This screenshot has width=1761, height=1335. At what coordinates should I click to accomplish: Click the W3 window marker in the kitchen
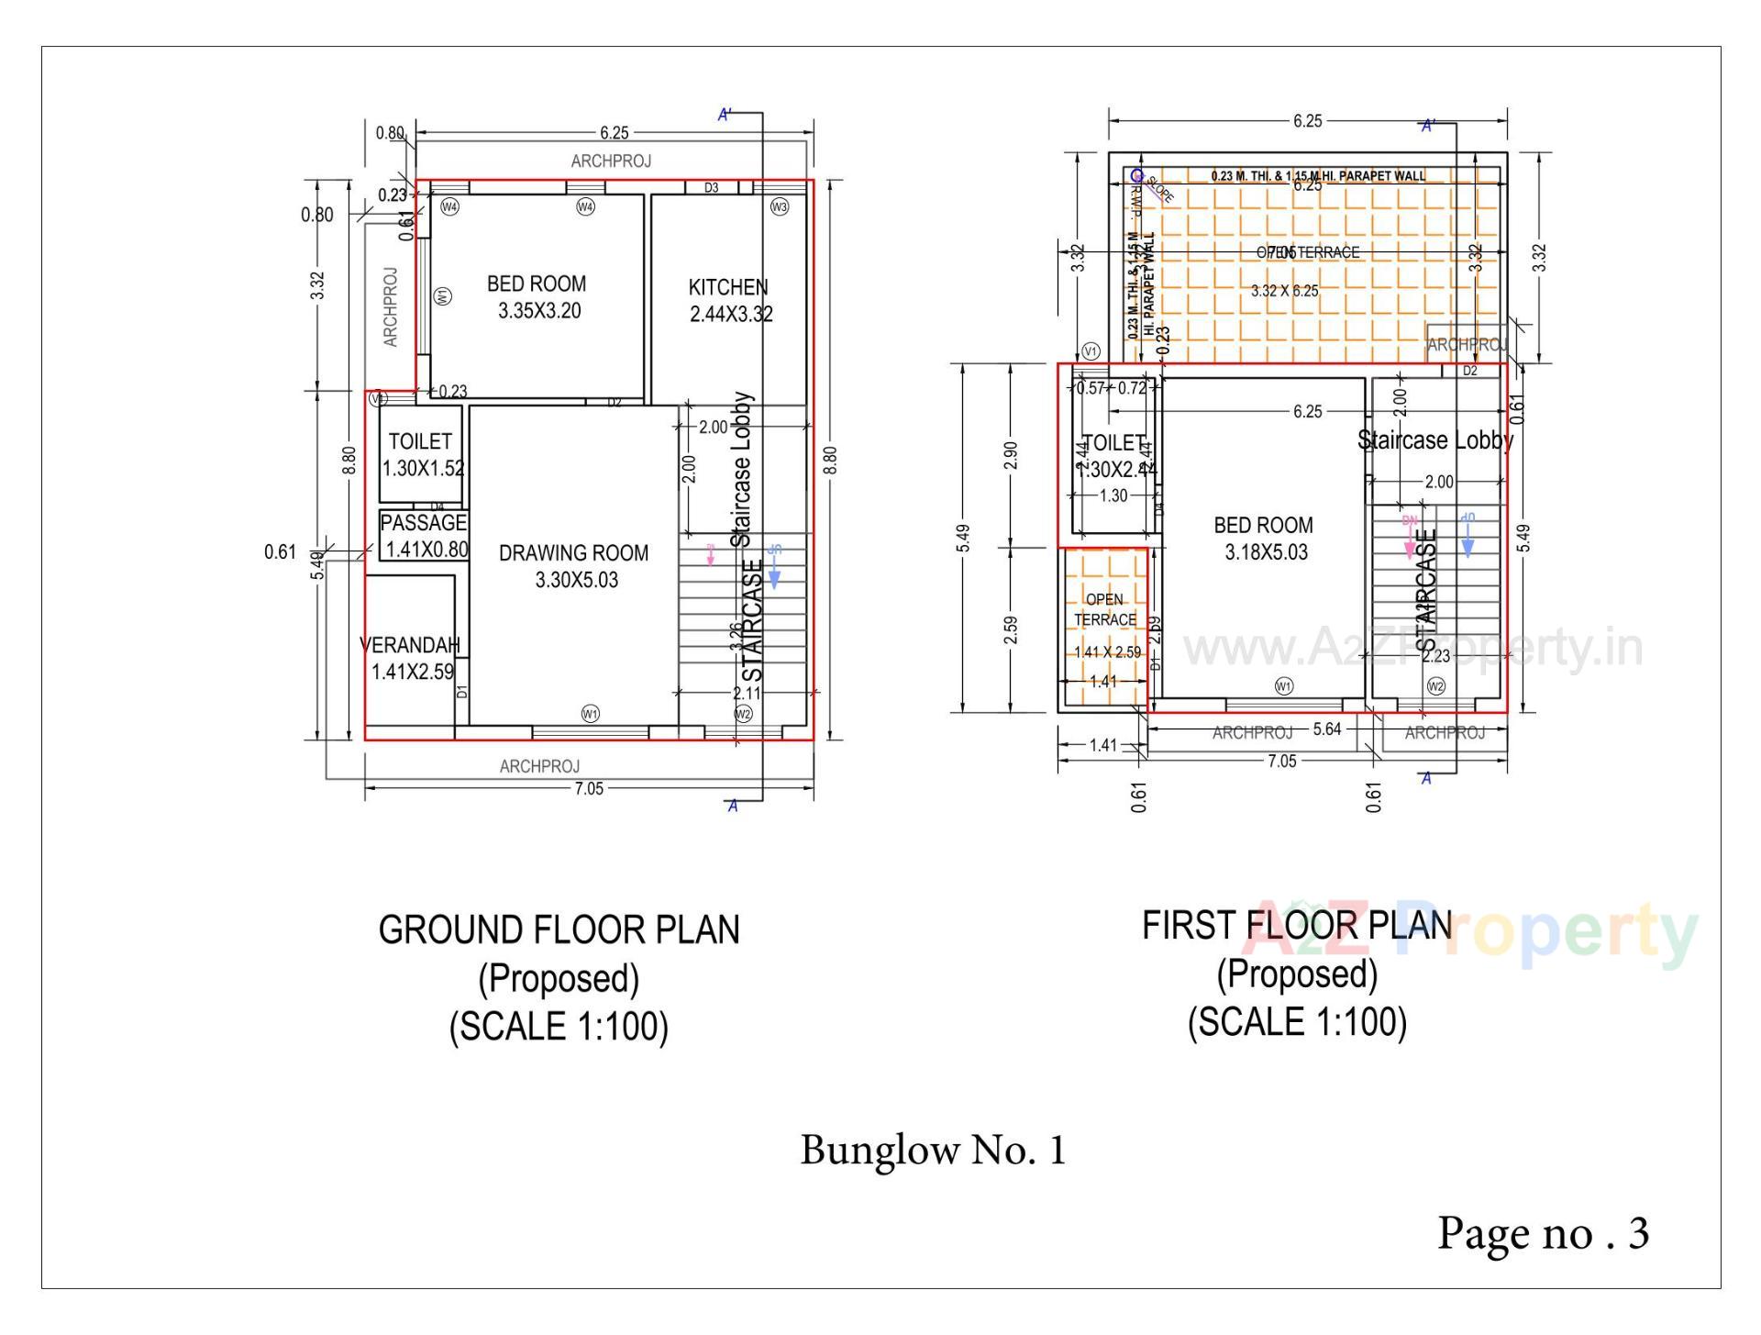pos(779,207)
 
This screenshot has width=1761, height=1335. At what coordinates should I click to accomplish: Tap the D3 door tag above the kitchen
pos(712,188)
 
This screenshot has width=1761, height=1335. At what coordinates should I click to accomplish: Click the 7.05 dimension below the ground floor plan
pos(588,788)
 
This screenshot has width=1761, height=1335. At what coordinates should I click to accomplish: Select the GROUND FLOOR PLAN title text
pos(559,930)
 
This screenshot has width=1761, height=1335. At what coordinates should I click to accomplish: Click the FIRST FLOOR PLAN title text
pos(1296,926)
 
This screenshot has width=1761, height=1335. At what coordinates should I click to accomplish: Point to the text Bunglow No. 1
pos(933,1151)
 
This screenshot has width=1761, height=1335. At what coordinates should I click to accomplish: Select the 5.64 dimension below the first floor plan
pos(1326,729)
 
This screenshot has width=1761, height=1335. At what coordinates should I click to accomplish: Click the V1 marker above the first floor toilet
pos(1091,351)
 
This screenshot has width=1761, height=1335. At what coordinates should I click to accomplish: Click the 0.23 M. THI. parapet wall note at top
pos(1318,175)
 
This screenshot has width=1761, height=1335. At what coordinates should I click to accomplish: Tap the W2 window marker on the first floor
pos(1436,686)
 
